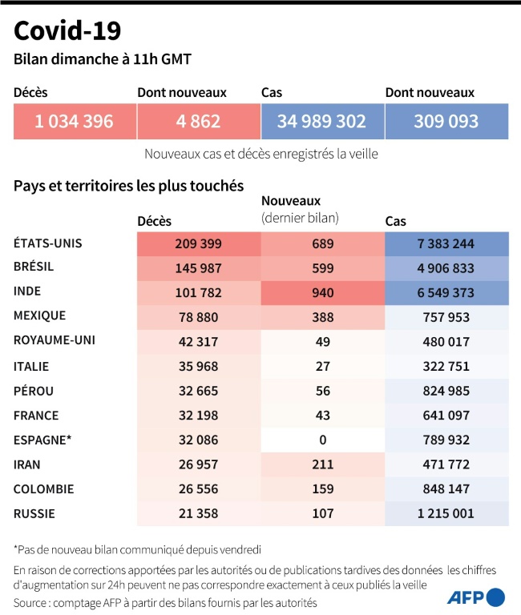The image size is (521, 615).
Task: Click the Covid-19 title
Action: pos(67,31)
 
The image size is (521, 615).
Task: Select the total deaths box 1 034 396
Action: pos(74,122)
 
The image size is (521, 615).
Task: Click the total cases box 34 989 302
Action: pos(321,122)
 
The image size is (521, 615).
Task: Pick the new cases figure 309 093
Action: pos(446,122)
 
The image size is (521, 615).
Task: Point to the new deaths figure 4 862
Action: pos(198,122)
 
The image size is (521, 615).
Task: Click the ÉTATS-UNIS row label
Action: pos(48,243)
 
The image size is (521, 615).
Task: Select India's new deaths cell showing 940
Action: pos(322,292)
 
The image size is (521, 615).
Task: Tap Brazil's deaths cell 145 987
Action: pos(198,268)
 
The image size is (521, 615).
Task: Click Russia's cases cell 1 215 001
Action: pos(446,513)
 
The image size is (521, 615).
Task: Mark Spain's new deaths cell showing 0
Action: pos(322,440)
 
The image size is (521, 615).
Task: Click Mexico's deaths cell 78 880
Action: pos(198,317)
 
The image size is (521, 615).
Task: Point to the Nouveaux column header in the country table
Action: pos(291,202)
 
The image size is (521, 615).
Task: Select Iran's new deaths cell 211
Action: pos(322,464)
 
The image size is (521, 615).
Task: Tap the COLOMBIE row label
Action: pos(44,488)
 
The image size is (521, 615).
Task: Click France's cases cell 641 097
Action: pos(446,416)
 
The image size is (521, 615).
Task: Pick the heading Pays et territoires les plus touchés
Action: pos(128,186)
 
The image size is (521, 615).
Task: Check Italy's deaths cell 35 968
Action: pos(198,366)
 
